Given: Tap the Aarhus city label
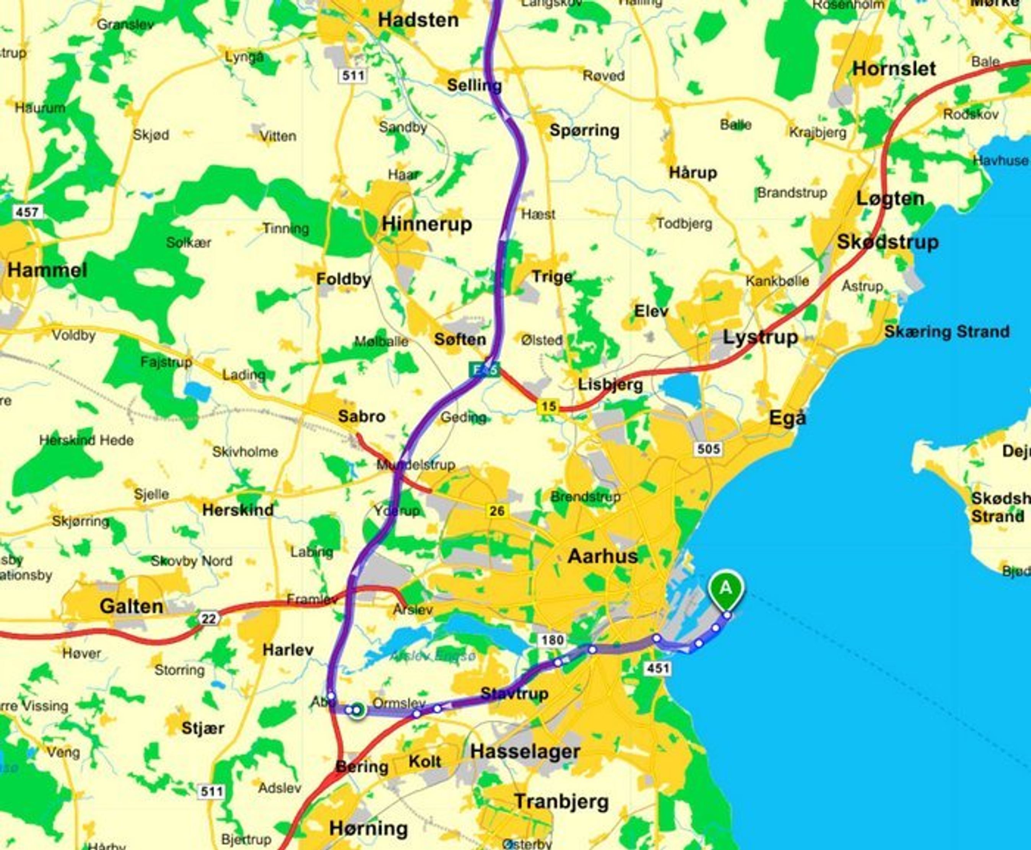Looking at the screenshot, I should pyautogui.click(x=603, y=556).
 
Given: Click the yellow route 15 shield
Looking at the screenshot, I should pyautogui.click(x=548, y=406).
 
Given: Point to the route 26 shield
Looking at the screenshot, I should pyautogui.click(x=496, y=511).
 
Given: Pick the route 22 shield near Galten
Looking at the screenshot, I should pyautogui.click(x=208, y=619).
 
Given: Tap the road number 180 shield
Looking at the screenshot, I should pyautogui.click(x=553, y=640).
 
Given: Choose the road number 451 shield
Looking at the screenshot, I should pyautogui.click(x=657, y=668).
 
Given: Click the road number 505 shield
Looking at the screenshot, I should pyautogui.click(x=707, y=449).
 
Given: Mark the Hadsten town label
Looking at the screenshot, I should pyautogui.click(x=418, y=21).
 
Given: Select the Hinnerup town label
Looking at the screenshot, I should pyautogui.click(x=426, y=224).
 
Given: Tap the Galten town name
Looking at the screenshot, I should pyautogui.click(x=131, y=606).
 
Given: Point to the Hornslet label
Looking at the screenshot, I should pyautogui.click(x=894, y=68).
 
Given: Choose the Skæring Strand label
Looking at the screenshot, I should pyautogui.click(x=947, y=332).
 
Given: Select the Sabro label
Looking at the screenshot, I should pyautogui.click(x=361, y=417).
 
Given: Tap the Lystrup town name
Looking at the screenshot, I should pyautogui.click(x=760, y=337).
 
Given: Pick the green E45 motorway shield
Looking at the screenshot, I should pyautogui.click(x=484, y=370).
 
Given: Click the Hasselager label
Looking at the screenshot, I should pyautogui.click(x=525, y=752).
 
